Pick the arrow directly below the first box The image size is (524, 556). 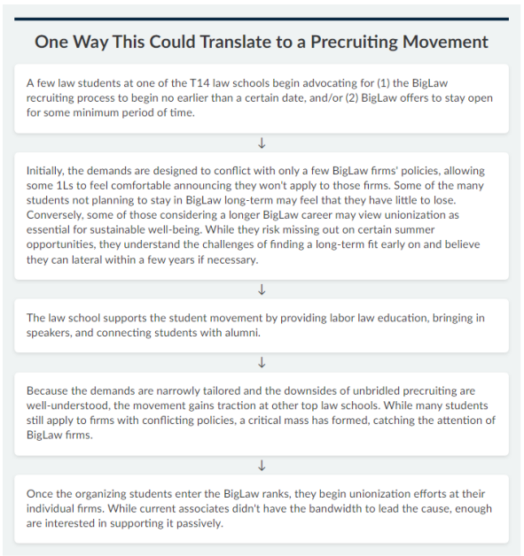(262, 143)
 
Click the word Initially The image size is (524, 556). (45, 171)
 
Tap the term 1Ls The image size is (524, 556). (65, 185)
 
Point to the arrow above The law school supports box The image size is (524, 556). (262, 290)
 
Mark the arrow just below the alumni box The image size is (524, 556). (262, 363)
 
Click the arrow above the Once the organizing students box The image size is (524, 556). (262, 465)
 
